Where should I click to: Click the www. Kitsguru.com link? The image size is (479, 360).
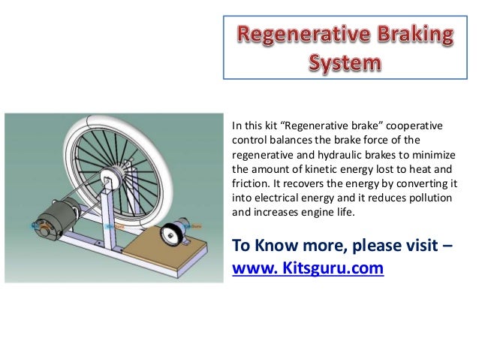coord(308,267)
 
